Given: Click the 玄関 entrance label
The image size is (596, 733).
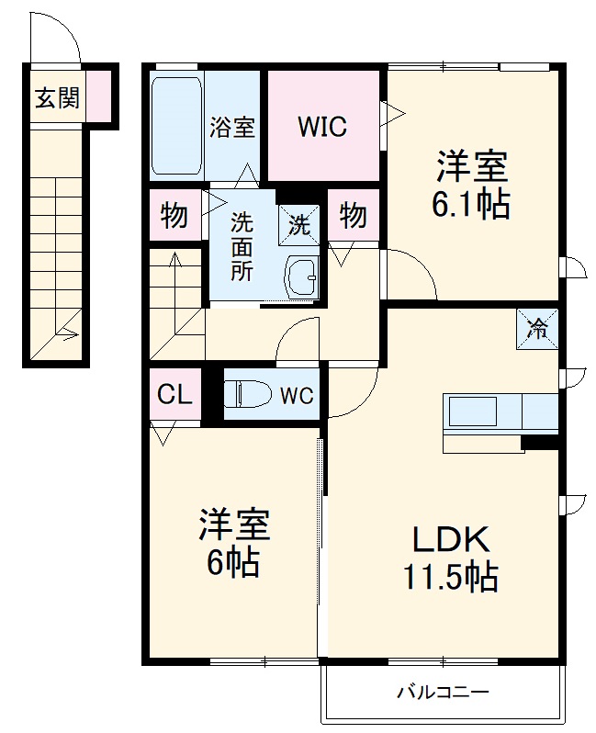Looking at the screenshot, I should point(57,97).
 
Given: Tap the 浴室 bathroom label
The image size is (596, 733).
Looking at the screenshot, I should point(231,127).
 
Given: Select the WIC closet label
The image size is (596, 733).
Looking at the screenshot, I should point(321,127).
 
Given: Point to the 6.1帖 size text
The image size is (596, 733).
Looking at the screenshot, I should point(471,204).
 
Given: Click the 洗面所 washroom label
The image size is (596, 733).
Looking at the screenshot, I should point(241,246).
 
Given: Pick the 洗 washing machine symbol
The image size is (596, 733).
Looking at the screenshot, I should point(298,221).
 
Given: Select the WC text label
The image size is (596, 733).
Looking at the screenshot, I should point(297,397).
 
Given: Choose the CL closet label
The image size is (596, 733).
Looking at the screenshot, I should point(174,395).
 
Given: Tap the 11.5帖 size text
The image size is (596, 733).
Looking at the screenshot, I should point(449,577).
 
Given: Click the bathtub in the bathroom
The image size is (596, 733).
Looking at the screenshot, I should point(176,126).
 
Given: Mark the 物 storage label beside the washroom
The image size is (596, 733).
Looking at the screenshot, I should point(174,217).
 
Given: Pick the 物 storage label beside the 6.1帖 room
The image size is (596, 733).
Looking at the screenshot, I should point(353,217).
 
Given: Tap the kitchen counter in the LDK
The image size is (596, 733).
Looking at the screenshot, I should point(500,413).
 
